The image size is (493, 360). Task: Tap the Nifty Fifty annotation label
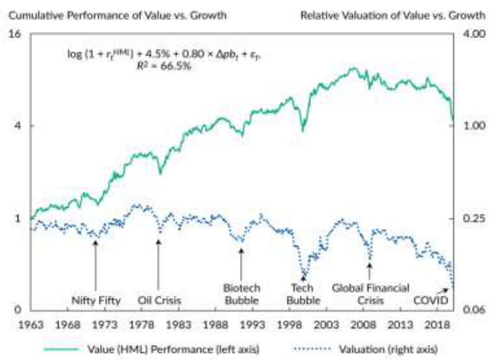pyautogui.click(x=95, y=300)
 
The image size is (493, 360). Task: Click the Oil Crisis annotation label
pyautogui.click(x=159, y=300)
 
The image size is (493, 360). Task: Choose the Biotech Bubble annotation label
pyautogui.click(x=242, y=293)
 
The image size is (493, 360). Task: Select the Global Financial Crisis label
pyautogui.click(x=371, y=293)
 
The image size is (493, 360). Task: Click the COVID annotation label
pyautogui.click(x=430, y=300)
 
